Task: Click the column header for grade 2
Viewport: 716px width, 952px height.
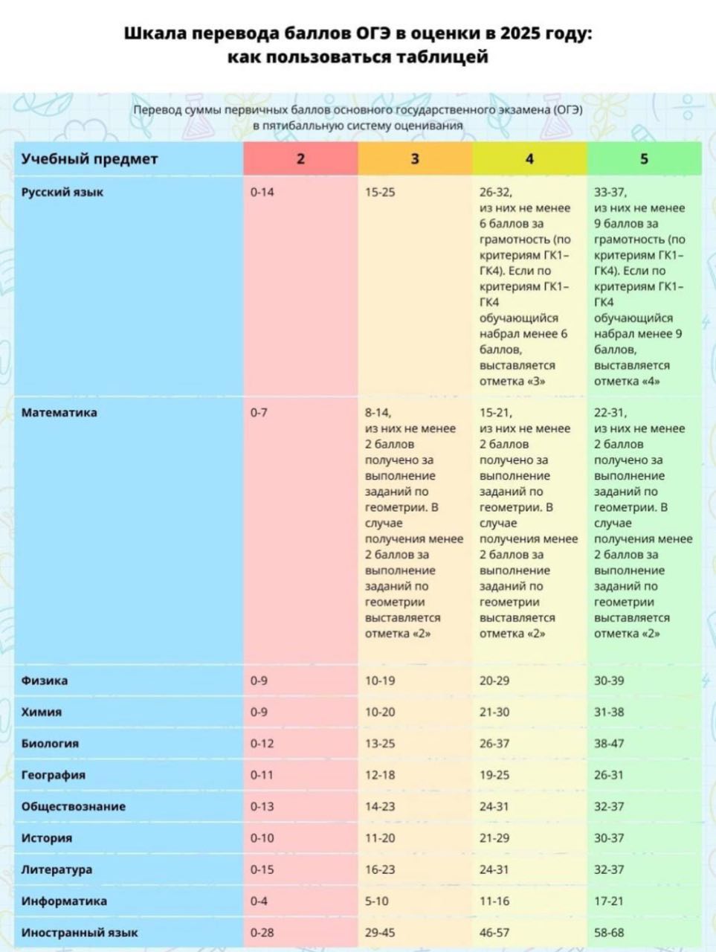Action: tap(300, 158)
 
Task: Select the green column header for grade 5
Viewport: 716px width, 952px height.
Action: tap(644, 158)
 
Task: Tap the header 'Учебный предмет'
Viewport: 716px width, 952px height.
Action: tap(89, 159)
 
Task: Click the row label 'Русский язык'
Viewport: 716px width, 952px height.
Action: tap(62, 192)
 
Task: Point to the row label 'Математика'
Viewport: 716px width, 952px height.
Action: tap(59, 413)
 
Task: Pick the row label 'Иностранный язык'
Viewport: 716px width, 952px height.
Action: tap(80, 932)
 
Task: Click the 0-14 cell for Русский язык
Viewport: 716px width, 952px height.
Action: tap(262, 192)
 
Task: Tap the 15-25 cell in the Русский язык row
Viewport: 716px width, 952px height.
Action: tap(380, 192)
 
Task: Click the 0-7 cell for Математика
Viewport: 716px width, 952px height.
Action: tap(259, 413)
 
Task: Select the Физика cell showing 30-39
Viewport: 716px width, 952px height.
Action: tap(609, 681)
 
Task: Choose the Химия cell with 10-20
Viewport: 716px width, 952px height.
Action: tap(380, 713)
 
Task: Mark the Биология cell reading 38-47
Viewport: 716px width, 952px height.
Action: tap(609, 744)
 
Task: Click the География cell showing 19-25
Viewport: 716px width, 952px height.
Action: tap(494, 775)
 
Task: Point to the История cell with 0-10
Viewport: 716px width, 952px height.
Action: tap(262, 838)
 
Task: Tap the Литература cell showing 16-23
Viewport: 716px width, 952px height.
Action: tap(380, 869)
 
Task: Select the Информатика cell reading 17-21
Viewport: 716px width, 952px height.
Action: tap(608, 901)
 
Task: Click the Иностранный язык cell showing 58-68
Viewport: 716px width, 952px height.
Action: tap(609, 933)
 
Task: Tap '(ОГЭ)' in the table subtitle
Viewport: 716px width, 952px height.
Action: tap(568, 110)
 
